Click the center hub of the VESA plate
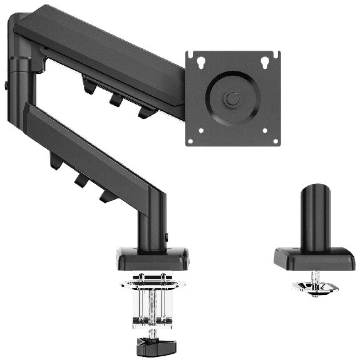coord(233,98)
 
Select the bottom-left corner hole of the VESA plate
coord(201,131)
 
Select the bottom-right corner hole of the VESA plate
coord(265,131)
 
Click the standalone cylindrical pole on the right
coord(315,216)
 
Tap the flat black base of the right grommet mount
coord(315,257)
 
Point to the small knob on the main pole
coord(168,237)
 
